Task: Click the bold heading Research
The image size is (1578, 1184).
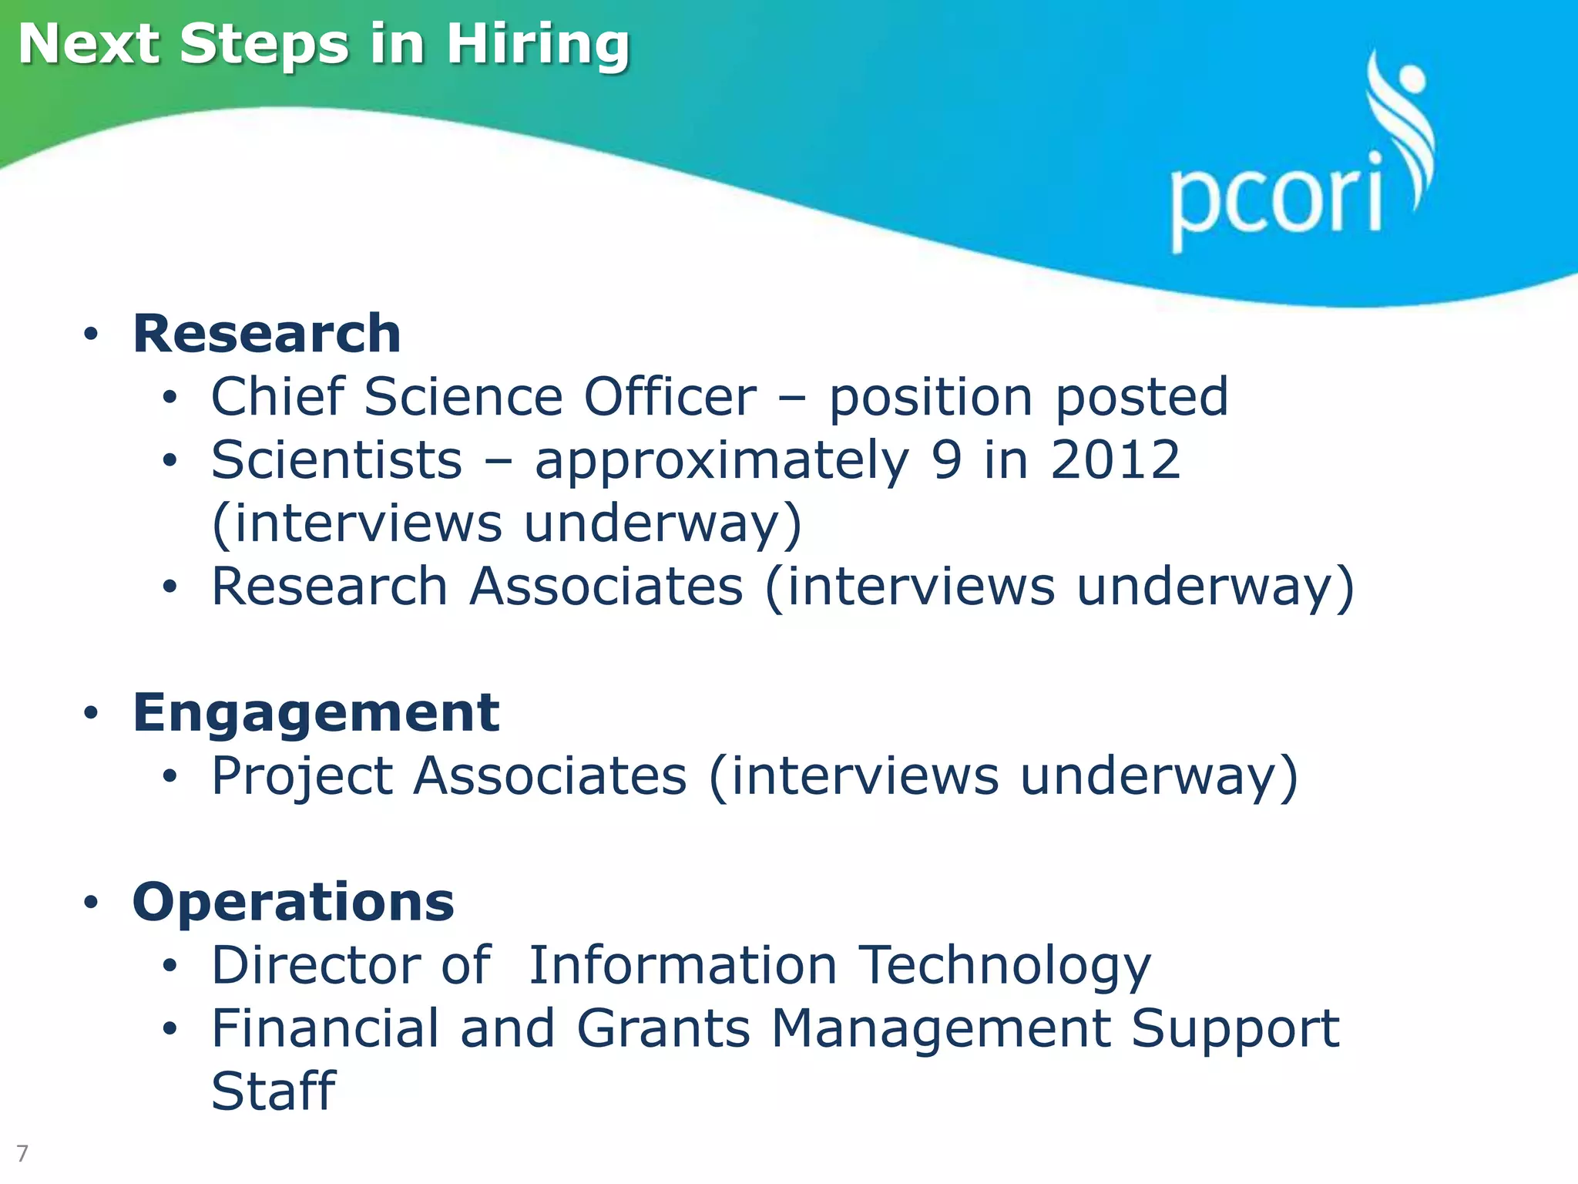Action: tap(267, 334)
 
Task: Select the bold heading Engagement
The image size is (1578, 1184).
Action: tap(316, 712)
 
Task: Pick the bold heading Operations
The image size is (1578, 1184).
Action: tap(294, 902)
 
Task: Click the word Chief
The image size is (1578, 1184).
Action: tap(277, 397)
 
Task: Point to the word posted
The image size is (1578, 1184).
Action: tap(1141, 399)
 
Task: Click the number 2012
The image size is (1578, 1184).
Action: tap(1115, 460)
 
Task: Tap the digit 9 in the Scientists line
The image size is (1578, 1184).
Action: tap(946, 460)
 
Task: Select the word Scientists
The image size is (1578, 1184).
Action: tap(337, 460)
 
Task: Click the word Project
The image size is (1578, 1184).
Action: tap(302, 777)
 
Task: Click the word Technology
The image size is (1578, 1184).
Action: tap(1005, 967)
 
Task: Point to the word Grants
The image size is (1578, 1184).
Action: tap(663, 1028)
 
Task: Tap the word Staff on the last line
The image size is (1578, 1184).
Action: tap(274, 1091)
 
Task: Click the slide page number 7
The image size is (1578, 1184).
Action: tap(22, 1153)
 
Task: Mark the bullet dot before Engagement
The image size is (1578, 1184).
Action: tap(92, 714)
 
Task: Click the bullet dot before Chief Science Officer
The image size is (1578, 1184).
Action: tap(170, 399)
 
